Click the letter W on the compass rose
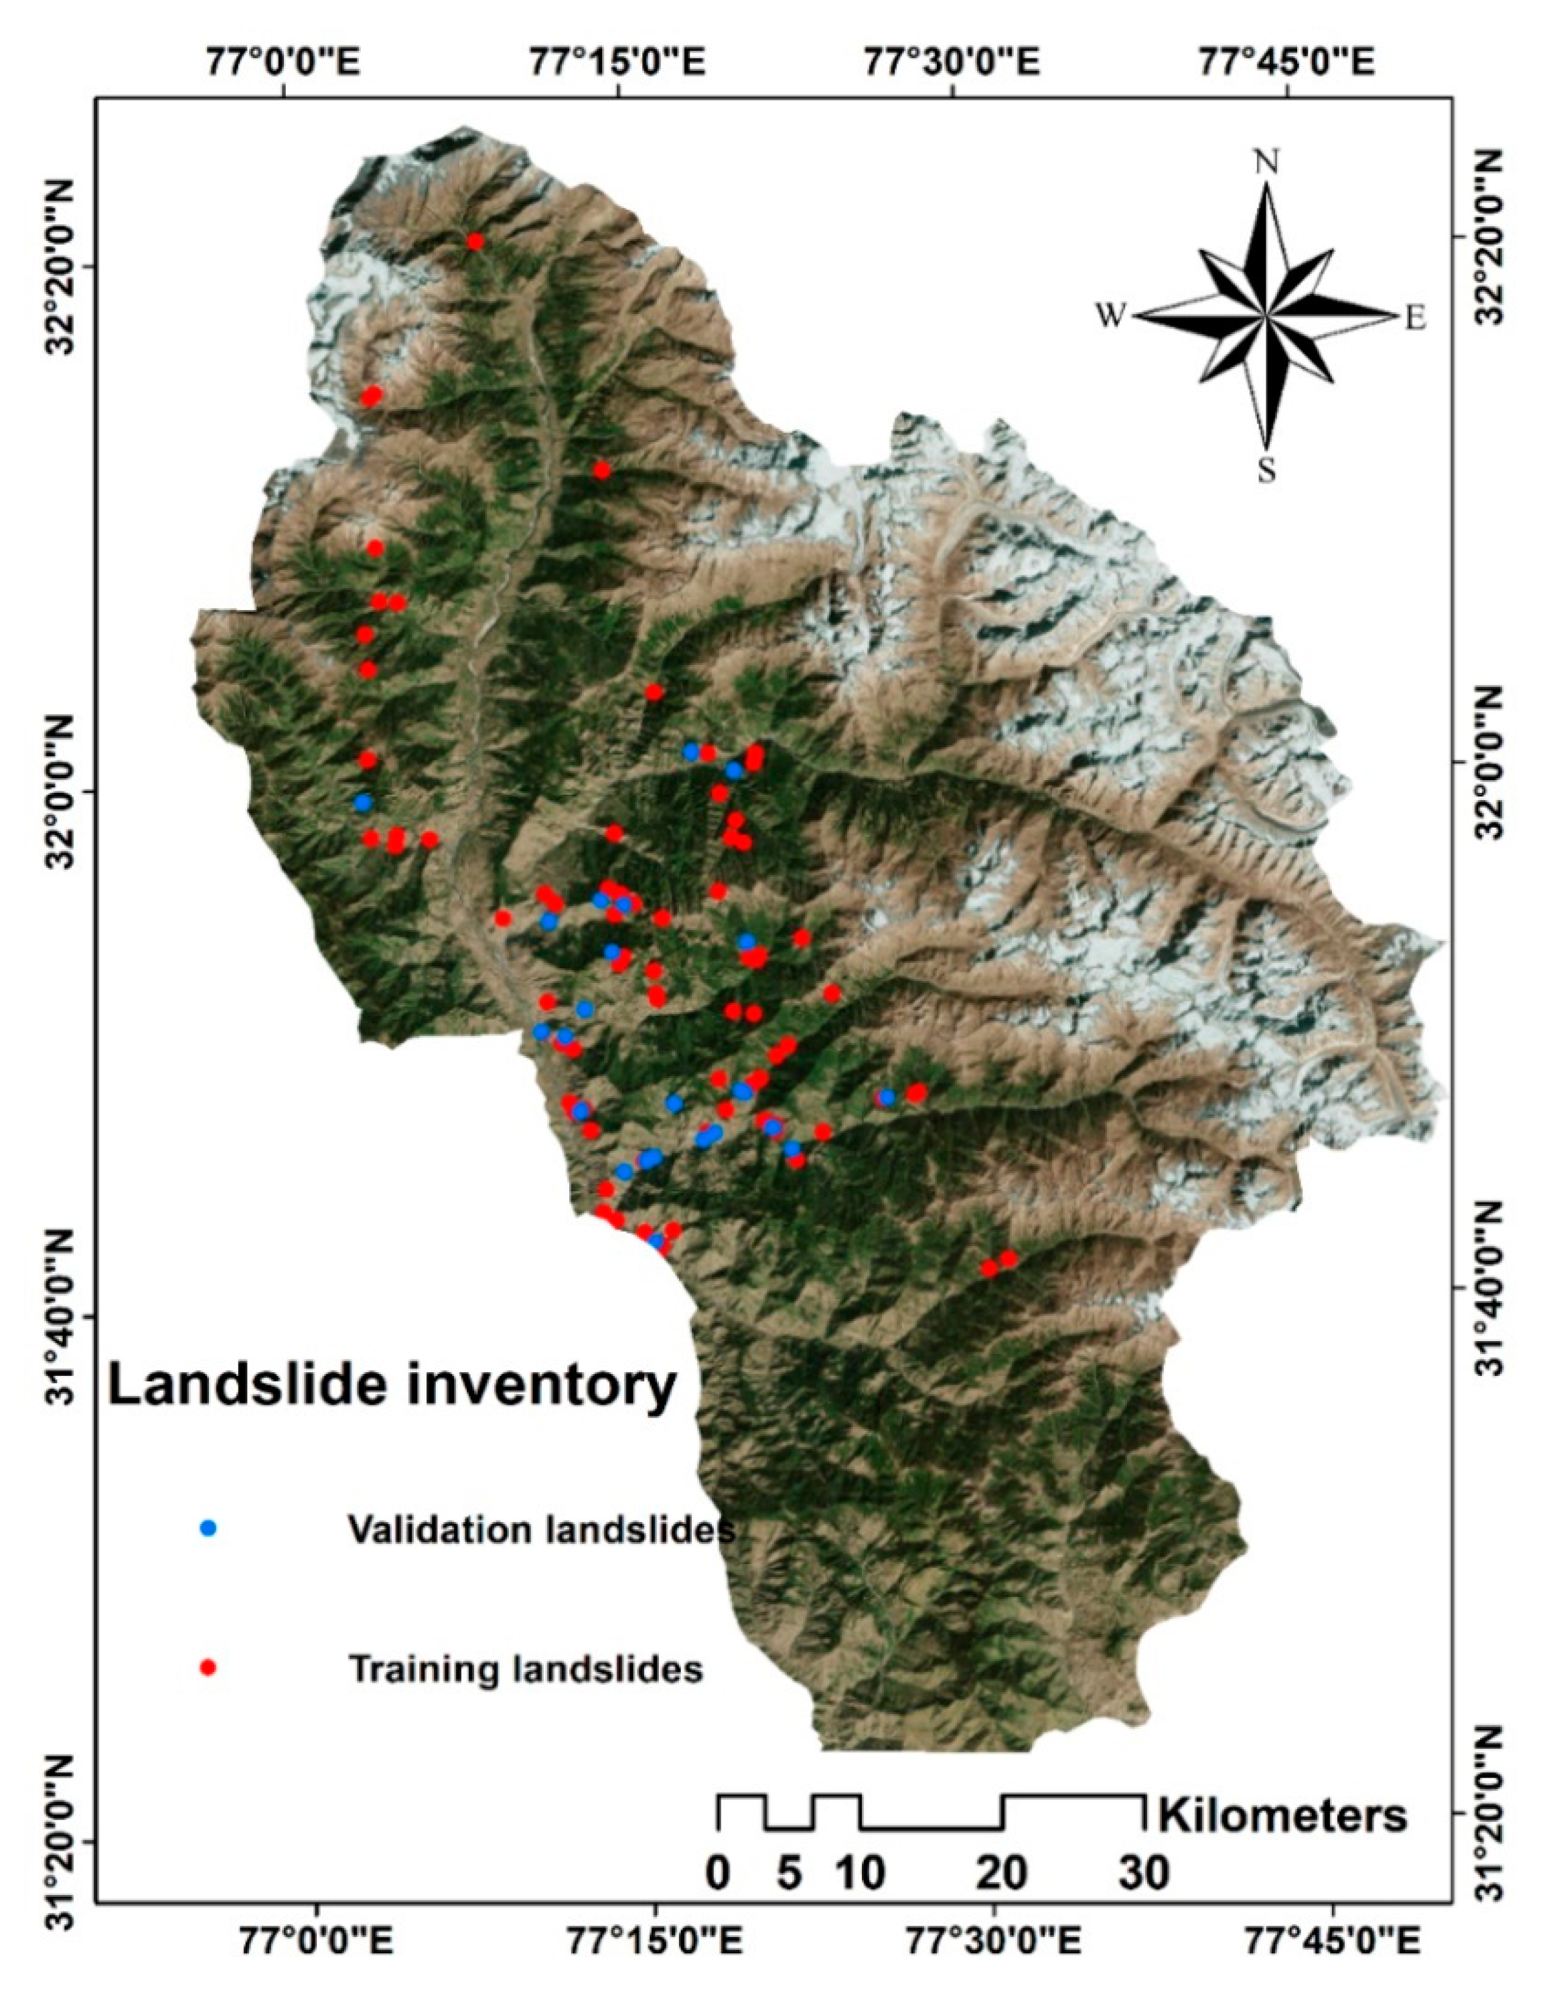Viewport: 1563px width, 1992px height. pyautogui.click(x=1110, y=317)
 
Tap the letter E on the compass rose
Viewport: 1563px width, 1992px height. pyautogui.click(x=1415, y=319)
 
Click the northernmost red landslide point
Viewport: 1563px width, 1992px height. pyautogui.click(x=474, y=242)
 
